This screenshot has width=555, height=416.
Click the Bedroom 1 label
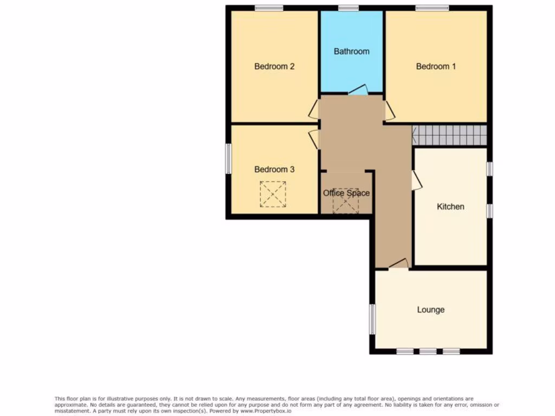436,66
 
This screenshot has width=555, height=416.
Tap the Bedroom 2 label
274,66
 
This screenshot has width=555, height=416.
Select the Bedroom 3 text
274,170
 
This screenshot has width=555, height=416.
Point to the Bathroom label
351,51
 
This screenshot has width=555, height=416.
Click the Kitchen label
450,206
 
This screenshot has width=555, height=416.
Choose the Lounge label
430,310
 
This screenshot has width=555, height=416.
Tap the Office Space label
346,193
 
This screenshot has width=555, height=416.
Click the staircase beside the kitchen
449,135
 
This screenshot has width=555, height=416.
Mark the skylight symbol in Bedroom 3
273,194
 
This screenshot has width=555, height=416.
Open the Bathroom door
357,90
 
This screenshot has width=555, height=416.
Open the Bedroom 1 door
390,110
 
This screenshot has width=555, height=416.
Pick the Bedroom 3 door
313,139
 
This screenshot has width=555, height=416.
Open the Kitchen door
416,181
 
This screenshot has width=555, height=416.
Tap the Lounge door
398,264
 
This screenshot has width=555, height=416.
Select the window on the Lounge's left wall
372,318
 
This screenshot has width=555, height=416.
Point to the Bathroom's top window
348,8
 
